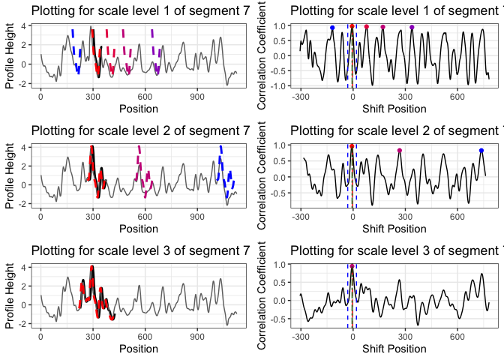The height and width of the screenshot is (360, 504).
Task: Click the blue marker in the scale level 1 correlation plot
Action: [332, 28]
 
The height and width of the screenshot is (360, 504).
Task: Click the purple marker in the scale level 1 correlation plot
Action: [412, 28]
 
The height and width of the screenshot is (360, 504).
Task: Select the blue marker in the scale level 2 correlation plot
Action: [481, 151]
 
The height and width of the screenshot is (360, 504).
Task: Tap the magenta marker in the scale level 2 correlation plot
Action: [400, 151]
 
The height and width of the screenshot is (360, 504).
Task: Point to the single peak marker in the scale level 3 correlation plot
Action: [352, 266]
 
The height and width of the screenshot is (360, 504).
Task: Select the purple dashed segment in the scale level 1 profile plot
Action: [154, 52]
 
